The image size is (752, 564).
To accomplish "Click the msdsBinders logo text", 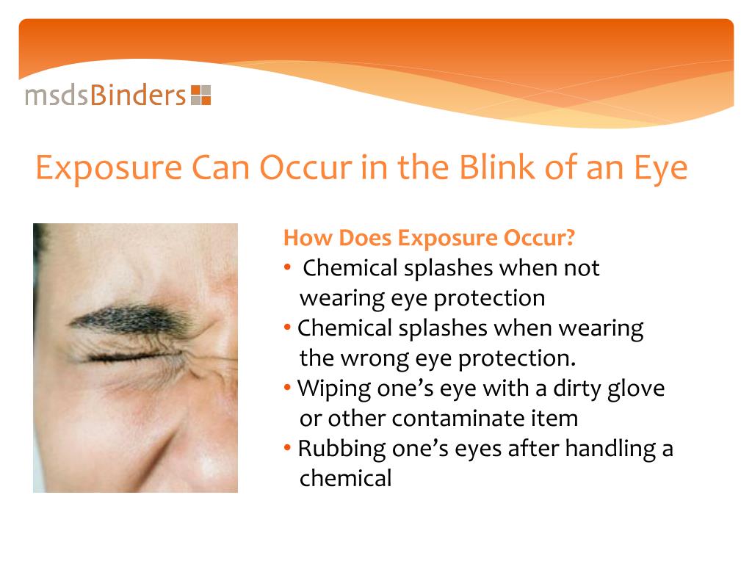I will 105,95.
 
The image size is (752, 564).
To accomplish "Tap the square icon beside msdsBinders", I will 200,95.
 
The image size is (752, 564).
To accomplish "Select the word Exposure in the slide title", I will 108,168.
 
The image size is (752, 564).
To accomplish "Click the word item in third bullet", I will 556,419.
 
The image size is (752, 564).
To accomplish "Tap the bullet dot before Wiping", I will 289,388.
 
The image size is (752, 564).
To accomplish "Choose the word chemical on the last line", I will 346,479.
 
